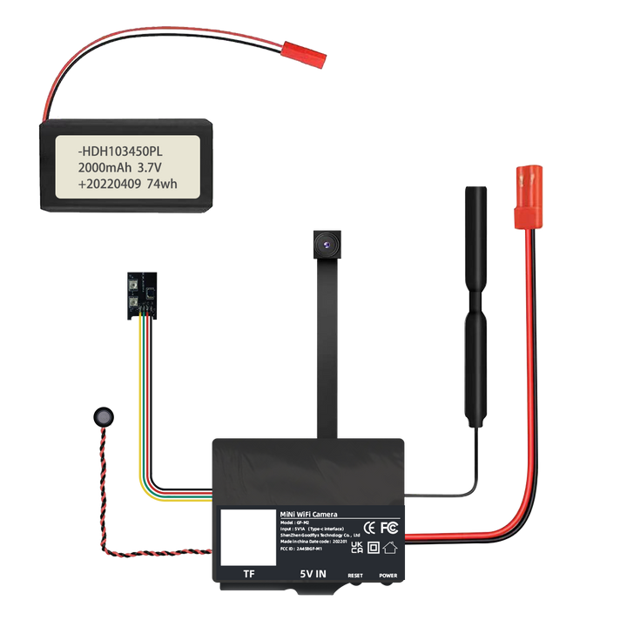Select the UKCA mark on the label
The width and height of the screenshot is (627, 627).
pos(357,547)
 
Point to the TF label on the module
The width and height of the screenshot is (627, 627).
pos(248,575)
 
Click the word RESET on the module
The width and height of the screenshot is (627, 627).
pos(355,576)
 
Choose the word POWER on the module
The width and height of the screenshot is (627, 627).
pos(388,576)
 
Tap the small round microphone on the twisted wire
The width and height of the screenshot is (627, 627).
pos(104,417)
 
